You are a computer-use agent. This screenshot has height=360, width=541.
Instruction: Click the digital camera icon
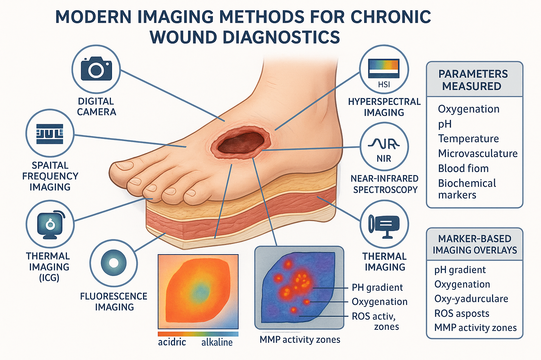pos(97,69)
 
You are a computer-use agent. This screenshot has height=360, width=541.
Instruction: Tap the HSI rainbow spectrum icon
pos(384,68)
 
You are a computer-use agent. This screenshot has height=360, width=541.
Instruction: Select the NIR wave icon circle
pos(384,147)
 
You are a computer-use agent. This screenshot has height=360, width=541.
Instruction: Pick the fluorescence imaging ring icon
pos(113,263)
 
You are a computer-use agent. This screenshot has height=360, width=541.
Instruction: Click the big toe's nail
pos(124,166)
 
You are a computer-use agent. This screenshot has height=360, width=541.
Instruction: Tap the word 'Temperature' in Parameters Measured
pos(468,139)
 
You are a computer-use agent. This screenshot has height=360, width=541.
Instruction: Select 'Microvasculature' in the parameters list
pos(478,154)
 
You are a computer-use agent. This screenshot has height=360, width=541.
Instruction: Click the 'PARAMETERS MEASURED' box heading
pos(473,80)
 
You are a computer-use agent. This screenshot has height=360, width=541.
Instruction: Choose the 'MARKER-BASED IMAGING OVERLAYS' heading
pos(475,244)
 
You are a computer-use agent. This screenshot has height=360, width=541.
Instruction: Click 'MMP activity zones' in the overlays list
pos(475,328)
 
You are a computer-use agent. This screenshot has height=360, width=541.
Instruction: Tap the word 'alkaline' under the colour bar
pos(217,342)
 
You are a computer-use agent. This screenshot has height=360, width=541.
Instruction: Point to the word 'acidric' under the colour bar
pos(172,342)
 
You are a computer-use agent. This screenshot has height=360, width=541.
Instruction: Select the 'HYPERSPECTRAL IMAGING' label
pos(384,107)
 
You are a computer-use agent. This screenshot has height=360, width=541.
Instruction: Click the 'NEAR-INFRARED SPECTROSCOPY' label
pos(385,184)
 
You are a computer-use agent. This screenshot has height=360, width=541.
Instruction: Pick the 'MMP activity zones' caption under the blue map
pos(300,340)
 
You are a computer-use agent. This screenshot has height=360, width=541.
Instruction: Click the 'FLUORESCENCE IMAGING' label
pos(114,302)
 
